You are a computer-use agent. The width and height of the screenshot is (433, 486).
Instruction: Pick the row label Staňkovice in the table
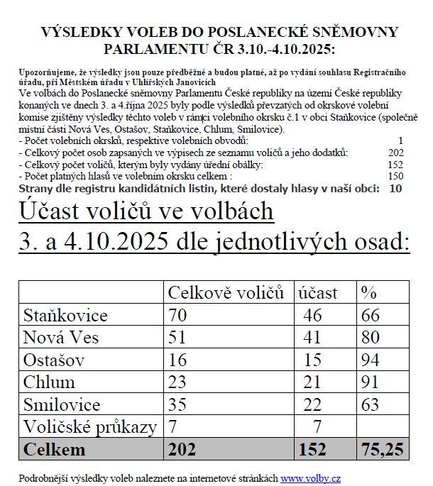(x=65, y=316)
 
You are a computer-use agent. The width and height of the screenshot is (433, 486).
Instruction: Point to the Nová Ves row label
(x=61, y=338)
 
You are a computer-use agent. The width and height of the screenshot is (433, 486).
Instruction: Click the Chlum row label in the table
(x=50, y=382)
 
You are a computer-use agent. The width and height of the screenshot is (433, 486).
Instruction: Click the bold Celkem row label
(x=55, y=450)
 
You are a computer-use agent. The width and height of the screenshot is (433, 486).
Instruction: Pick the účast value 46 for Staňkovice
(x=313, y=316)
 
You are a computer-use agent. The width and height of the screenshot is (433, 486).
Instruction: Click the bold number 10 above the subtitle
(x=396, y=188)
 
